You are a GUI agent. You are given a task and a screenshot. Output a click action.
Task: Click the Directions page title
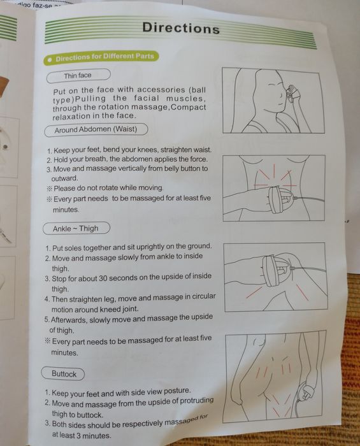[181, 28]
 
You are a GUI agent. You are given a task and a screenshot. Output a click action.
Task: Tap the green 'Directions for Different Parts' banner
[101, 58]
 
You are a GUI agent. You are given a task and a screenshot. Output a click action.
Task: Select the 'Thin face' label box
[78, 76]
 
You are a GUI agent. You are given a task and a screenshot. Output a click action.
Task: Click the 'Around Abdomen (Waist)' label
[96, 130]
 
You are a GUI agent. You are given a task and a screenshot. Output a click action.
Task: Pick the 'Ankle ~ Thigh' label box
[76, 228]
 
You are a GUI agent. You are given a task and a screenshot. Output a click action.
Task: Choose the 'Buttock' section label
[63, 373]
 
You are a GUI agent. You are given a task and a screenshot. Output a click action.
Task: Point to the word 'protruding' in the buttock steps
[196, 401]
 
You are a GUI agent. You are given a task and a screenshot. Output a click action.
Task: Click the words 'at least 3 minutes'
[82, 435]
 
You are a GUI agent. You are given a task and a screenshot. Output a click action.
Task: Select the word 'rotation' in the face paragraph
[113, 107]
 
